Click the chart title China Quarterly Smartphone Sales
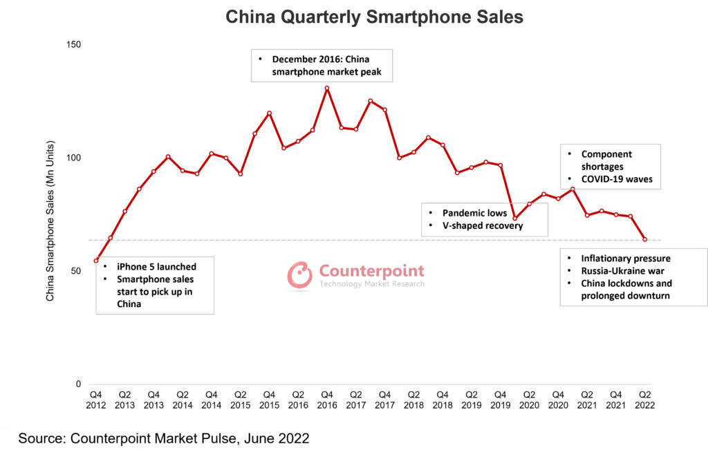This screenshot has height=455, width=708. pos(375,16)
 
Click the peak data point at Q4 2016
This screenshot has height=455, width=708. pos(327,89)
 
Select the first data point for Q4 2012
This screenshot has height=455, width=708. pos(96,261)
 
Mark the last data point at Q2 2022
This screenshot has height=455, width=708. pos(645,239)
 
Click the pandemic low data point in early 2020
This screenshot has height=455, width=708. pos(514,219)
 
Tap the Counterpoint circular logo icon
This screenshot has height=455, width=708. pos(300,275)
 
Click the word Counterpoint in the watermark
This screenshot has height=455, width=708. pos(371,270)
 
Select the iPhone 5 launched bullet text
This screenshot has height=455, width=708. pos(156,266)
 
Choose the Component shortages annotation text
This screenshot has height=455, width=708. pos(606,160)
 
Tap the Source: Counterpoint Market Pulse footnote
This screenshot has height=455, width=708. pos(163,438)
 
